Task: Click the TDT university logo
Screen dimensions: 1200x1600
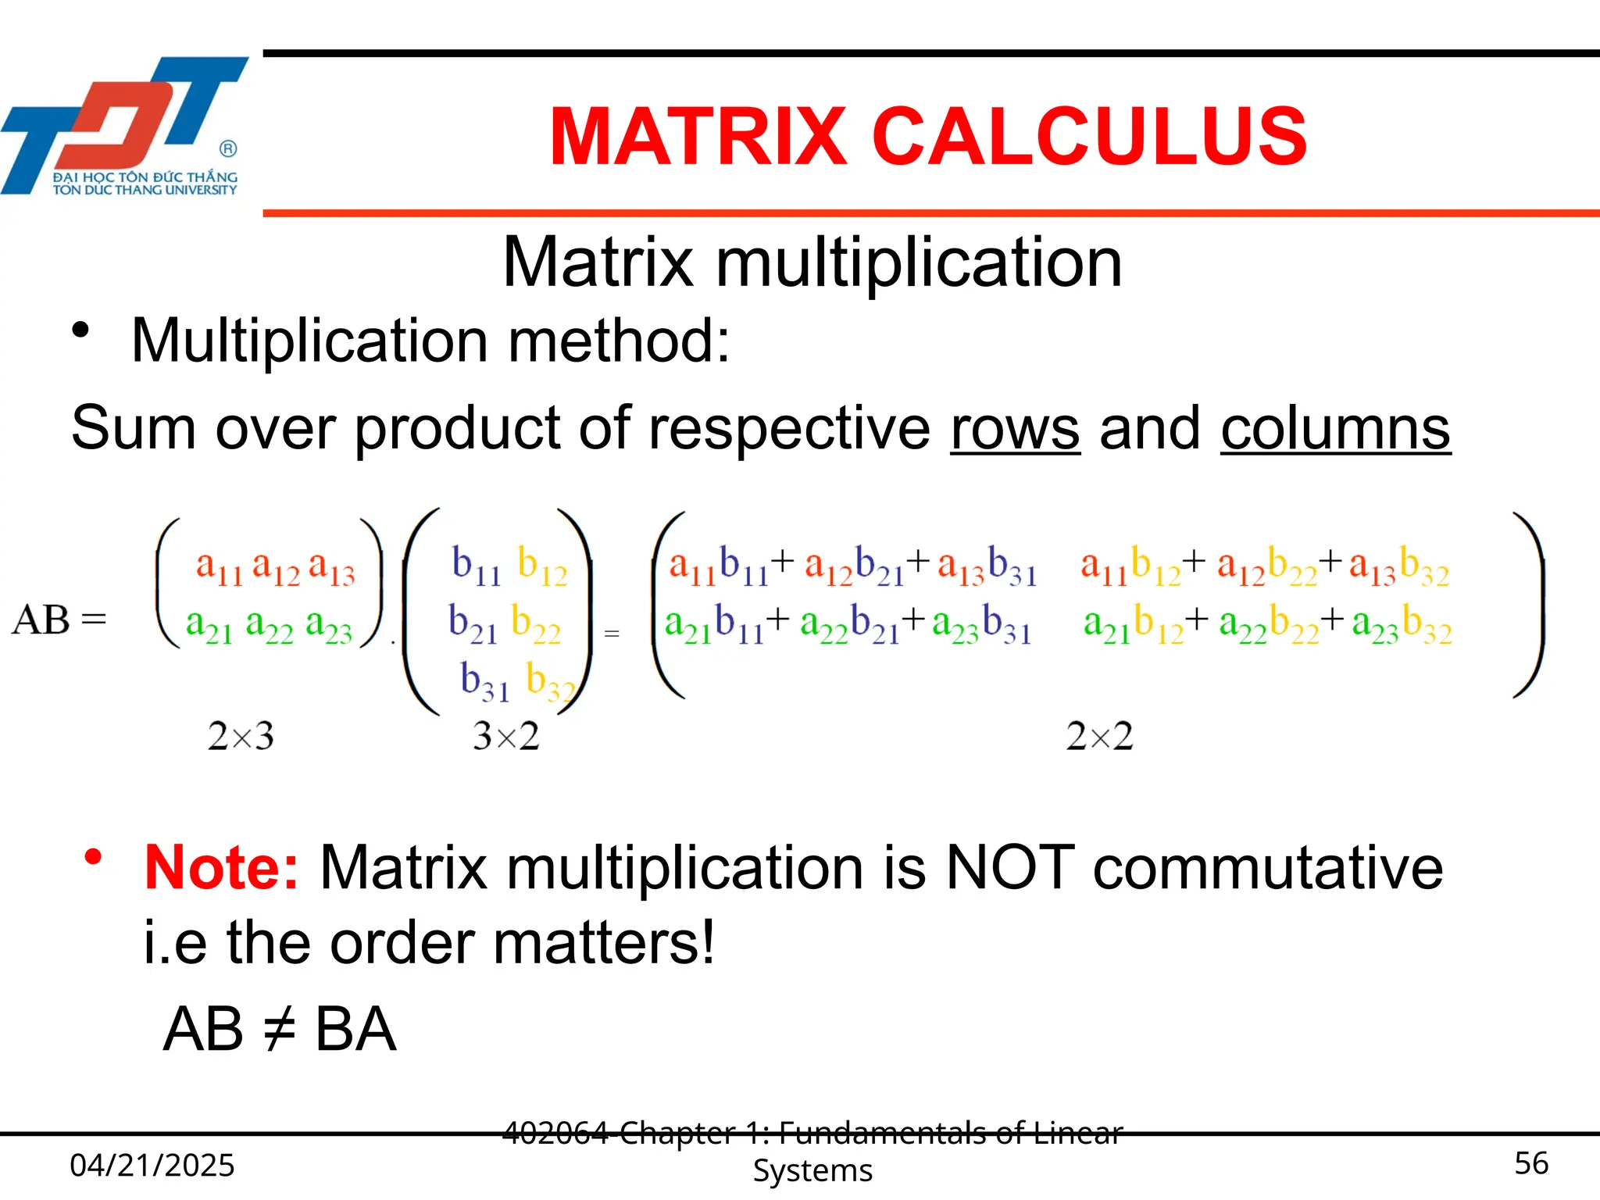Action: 125,125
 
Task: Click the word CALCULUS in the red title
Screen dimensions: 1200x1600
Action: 1089,137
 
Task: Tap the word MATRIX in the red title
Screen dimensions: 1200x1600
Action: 698,137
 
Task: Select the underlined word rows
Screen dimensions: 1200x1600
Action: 1015,428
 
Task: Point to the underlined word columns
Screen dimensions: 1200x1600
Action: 1335,428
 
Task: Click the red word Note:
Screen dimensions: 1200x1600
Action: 221,867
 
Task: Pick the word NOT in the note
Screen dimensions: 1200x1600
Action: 1009,867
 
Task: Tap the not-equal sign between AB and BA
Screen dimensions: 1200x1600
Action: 279,1030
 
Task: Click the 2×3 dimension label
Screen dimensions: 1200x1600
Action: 241,736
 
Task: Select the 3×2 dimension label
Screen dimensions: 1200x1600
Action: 505,736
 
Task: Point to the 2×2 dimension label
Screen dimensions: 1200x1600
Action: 1099,736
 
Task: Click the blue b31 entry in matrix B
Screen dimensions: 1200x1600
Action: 484,681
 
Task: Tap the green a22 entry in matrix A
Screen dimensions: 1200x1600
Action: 269,627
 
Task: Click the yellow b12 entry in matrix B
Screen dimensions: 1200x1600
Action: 542,566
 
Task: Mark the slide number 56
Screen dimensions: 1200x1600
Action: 1530,1163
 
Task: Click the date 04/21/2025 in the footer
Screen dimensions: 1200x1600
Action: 152,1165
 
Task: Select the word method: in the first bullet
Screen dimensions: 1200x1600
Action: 619,341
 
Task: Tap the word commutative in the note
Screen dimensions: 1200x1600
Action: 1267,867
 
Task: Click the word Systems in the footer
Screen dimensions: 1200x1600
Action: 812,1170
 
